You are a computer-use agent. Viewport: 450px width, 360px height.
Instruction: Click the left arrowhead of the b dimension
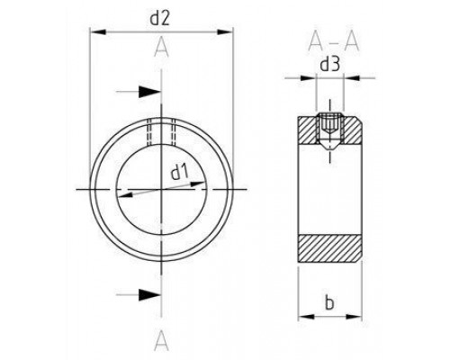(301, 317)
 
